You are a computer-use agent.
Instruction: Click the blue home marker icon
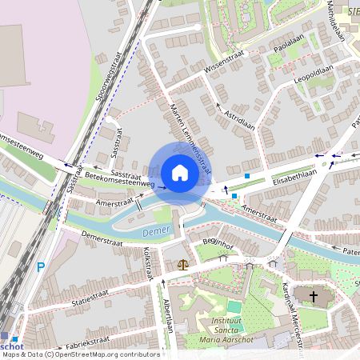click(x=180, y=173)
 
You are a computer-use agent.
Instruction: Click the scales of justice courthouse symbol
click(x=184, y=262)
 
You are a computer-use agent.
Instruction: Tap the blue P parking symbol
click(x=40, y=268)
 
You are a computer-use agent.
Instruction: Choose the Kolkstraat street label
click(x=147, y=262)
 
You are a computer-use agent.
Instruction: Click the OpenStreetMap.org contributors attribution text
click(x=113, y=354)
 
